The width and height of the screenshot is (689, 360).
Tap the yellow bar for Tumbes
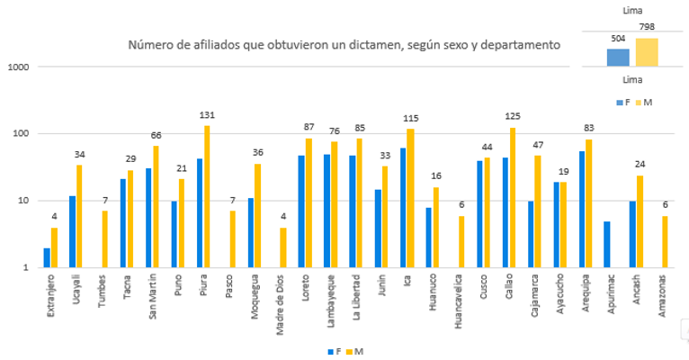104,238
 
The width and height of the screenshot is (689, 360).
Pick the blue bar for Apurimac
608,244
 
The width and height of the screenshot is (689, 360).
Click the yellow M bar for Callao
514,197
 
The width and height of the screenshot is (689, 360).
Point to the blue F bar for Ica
404,207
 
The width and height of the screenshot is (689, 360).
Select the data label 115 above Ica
412,120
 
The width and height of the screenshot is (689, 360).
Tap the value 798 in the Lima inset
646,28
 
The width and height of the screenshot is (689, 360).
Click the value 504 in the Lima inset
617,39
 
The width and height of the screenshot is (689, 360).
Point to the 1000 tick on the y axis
20,67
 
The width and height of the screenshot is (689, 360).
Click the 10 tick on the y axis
25,201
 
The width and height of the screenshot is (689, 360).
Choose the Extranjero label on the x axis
50,294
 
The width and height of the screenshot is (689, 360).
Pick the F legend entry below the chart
335,350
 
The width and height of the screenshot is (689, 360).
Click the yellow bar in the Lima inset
646,52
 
